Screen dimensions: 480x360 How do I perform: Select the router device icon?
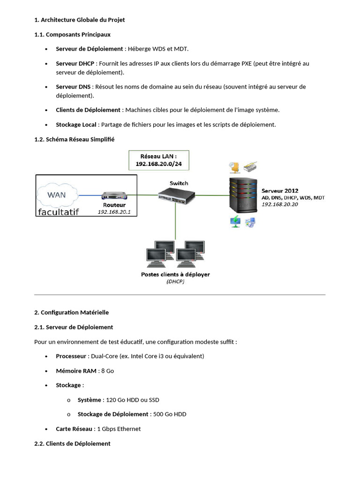pyautogui.click(x=114, y=195)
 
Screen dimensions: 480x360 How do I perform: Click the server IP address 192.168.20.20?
pyautogui.click(x=280, y=204)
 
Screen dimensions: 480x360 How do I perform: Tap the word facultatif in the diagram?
pyautogui.click(x=59, y=212)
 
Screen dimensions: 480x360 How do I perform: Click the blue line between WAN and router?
pyautogui.click(x=90, y=195)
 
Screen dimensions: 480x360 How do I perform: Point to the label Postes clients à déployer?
pyautogui.click(x=175, y=274)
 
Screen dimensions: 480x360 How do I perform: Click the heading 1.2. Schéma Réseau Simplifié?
pyautogui.click(x=74, y=139)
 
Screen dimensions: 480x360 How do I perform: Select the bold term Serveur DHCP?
pyautogui.click(x=75, y=63)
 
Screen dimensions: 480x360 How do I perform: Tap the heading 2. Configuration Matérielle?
pyautogui.click(x=71, y=312)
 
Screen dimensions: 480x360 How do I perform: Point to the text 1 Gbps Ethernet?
pyautogui.click(x=119, y=429)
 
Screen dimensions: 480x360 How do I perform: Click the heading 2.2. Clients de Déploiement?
pyautogui.click(x=72, y=443)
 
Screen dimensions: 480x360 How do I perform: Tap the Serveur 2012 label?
pyautogui.click(x=280, y=191)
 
